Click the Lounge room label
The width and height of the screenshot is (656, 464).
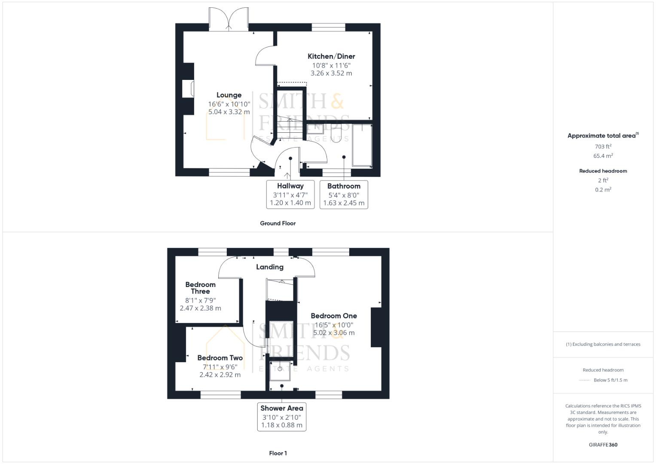tap(229, 95)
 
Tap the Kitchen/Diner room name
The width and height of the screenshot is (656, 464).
tap(331, 56)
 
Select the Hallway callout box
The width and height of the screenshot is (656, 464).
tap(290, 194)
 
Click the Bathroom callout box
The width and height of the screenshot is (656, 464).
tap(344, 194)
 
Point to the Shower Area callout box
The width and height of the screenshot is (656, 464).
tap(282, 416)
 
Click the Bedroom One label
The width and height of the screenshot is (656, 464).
tap(334, 316)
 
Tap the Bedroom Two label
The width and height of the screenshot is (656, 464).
tap(220, 358)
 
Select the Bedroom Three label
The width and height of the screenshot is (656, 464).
tap(200, 288)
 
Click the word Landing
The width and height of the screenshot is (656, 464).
tap(270, 267)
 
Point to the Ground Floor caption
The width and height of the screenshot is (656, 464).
tap(278, 223)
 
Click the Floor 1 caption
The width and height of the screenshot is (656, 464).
tap(278, 453)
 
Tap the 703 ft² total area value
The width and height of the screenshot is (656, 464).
tap(603, 147)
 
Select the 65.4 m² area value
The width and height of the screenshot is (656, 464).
tap(603, 156)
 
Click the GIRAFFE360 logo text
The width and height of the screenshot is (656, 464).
tap(603, 445)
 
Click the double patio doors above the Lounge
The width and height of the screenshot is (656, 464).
tap(229, 19)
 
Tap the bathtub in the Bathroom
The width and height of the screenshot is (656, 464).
tap(362, 145)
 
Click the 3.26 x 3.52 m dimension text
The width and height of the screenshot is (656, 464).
tap(331, 73)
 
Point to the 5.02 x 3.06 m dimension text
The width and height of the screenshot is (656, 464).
tap(334, 333)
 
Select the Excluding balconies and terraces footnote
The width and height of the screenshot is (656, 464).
tap(603, 344)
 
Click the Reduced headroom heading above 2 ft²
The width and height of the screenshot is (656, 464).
tap(603, 171)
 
